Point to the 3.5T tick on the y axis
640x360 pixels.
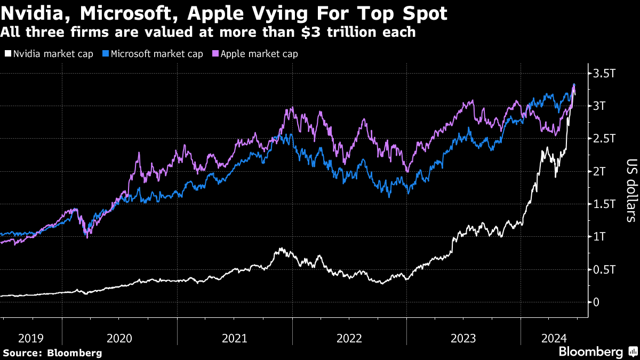point(603,73)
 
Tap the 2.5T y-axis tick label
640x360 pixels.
point(603,139)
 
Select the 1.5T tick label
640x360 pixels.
point(603,204)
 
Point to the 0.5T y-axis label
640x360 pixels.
point(603,269)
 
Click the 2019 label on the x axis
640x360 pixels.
point(31,338)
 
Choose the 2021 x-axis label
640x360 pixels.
point(234,338)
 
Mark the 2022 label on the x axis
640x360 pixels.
point(349,338)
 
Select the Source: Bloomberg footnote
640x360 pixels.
point(52,353)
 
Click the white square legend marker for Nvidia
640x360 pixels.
point(7,54)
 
